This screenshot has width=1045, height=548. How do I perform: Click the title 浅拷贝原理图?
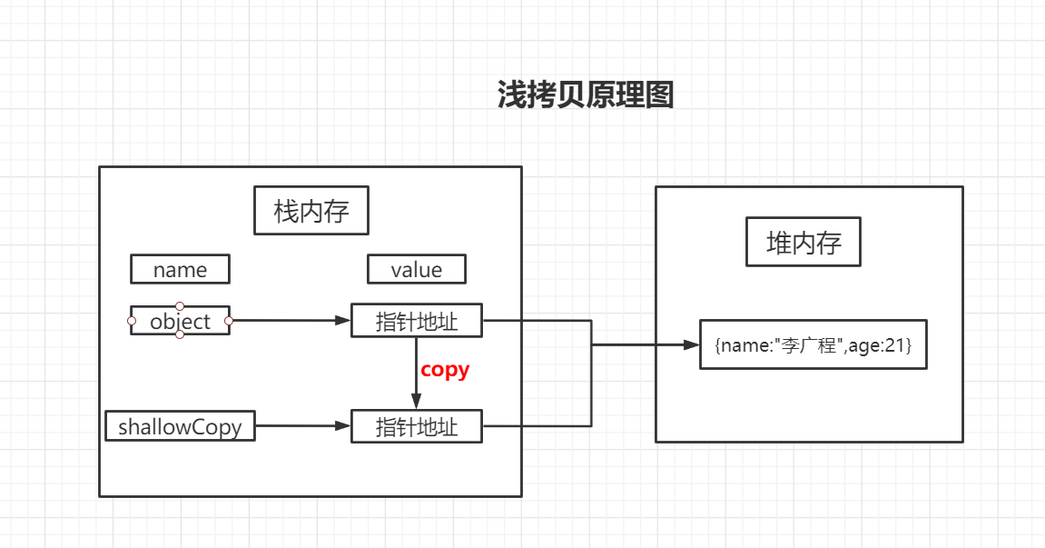click(x=586, y=95)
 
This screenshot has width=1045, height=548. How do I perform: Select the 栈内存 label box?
click(x=311, y=211)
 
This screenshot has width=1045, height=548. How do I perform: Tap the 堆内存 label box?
click(x=803, y=243)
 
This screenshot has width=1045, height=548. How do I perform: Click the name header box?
click(x=180, y=269)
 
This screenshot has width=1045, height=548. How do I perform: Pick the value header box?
click(x=417, y=269)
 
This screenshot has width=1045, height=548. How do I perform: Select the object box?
click(x=180, y=321)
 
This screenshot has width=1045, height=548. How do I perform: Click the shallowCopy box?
click(x=180, y=426)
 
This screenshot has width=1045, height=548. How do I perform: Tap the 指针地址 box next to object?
click(x=417, y=321)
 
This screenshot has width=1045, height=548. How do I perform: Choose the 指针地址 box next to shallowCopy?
click(x=417, y=426)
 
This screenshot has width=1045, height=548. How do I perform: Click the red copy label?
click(x=445, y=370)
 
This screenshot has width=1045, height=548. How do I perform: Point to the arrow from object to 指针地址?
click(x=291, y=320)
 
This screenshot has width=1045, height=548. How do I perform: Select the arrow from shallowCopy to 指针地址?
click(x=303, y=425)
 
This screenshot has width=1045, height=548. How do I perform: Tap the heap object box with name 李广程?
click(x=813, y=344)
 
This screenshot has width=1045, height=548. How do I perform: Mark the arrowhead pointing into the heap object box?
click(x=691, y=344)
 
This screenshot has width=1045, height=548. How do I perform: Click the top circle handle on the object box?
click(x=180, y=306)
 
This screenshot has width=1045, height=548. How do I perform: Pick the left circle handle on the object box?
click(x=132, y=321)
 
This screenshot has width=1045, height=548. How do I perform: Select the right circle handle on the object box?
click(x=229, y=321)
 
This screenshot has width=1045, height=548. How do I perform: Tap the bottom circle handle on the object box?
click(x=180, y=335)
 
